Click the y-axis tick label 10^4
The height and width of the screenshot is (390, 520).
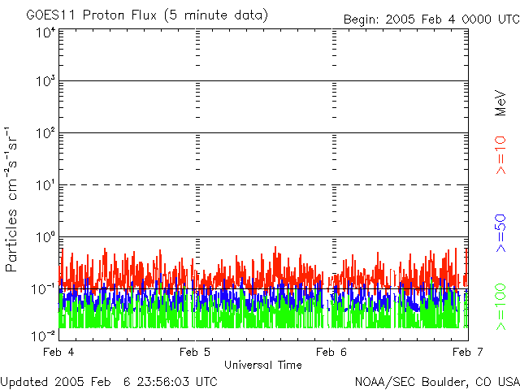click(x=45, y=32)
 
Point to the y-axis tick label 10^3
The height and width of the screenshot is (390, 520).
click(x=45, y=82)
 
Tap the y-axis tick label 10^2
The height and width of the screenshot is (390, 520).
click(x=45, y=134)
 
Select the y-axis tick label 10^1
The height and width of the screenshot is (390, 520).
click(x=45, y=186)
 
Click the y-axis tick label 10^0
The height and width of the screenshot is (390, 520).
click(x=45, y=238)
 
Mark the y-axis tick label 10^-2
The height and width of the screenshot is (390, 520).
click(x=44, y=336)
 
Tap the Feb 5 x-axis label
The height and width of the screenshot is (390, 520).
click(x=194, y=352)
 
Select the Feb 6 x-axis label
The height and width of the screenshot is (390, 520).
click(x=331, y=352)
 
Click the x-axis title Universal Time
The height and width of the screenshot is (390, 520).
click(x=262, y=364)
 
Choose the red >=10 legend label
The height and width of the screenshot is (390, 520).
click(x=501, y=154)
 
